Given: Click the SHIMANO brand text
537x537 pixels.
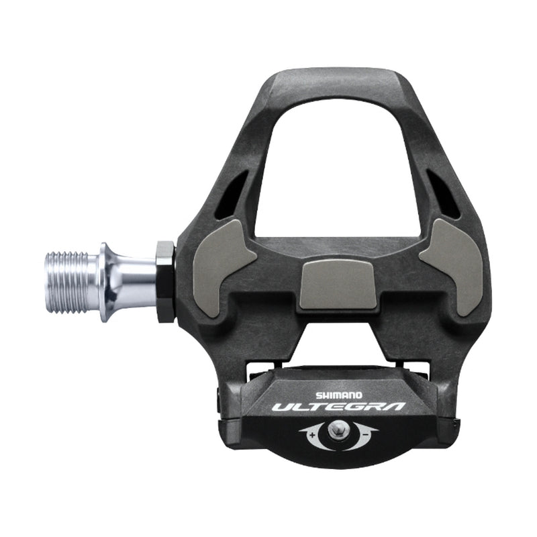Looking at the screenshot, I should (x=343, y=396).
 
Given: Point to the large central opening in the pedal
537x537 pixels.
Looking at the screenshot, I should (x=339, y=175).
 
